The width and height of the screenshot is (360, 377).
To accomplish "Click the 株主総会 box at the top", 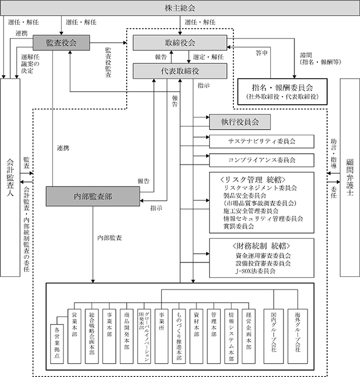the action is tap(180, 8).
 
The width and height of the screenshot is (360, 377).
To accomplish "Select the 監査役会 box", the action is tap(61, 43).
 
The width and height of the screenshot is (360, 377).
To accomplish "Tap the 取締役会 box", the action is tap(180, 43).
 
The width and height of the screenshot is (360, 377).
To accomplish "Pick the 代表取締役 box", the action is tap(180, 71).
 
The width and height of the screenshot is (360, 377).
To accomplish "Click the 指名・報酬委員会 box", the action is tap(282, 92).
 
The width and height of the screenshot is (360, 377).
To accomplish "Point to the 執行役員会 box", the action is tap(240, 122).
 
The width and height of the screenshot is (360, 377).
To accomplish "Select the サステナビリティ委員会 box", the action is tap(262, 142).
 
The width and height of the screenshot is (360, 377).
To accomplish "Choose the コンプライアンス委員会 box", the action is tap(262, 160).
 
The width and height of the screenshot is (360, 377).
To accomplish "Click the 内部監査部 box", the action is tap(93, 196).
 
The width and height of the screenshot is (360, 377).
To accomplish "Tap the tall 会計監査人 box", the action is tap(10, 177).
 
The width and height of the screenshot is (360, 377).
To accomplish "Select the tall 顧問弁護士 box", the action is tap(350, 177).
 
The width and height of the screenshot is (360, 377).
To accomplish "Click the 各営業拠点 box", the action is tap(57, 344).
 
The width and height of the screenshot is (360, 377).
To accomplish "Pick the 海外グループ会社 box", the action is tap(298, 336).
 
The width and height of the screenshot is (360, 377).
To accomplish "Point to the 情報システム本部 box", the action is tap(231, 336).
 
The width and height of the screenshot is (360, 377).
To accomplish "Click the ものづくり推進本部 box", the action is tap(179, 336).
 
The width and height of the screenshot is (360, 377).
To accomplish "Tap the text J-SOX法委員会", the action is tap(255, 271).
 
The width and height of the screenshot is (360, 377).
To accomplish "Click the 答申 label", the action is tap(262, 53).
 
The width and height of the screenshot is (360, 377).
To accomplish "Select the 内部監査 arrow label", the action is tap(109, 238).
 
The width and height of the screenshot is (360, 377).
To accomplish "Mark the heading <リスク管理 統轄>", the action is tap(253, 180).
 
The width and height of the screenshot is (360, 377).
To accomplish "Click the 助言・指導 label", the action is tap(334, 154).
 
